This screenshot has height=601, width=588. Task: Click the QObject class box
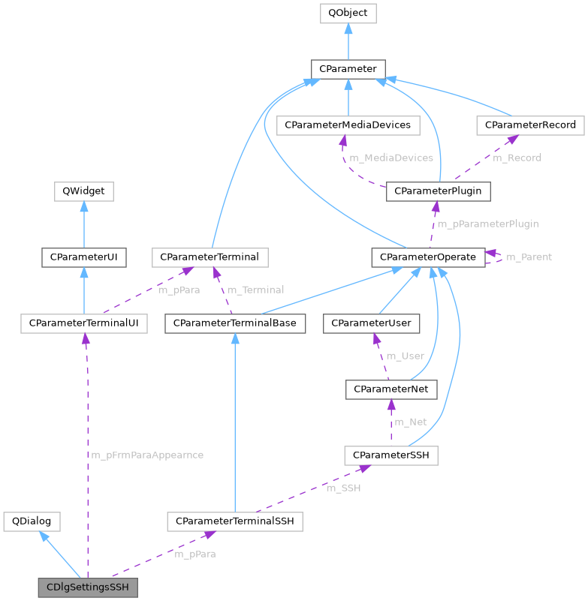[348, 13]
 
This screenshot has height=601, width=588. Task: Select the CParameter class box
[348, 69]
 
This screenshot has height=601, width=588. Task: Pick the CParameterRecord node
[530, 125]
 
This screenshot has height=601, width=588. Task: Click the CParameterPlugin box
[439, 192]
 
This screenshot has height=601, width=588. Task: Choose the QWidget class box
[84, 192]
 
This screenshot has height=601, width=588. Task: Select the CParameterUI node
[84, 257]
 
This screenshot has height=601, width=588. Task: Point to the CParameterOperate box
[427, 257]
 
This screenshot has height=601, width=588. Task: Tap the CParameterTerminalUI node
[84, 323]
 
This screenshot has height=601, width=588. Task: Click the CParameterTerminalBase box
[235, 323]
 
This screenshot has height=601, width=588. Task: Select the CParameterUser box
[372, 323]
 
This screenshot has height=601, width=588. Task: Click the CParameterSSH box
[390, 455]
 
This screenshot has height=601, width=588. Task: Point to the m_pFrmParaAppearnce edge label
[147, 455]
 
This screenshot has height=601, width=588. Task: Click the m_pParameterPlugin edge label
[487, 224]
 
